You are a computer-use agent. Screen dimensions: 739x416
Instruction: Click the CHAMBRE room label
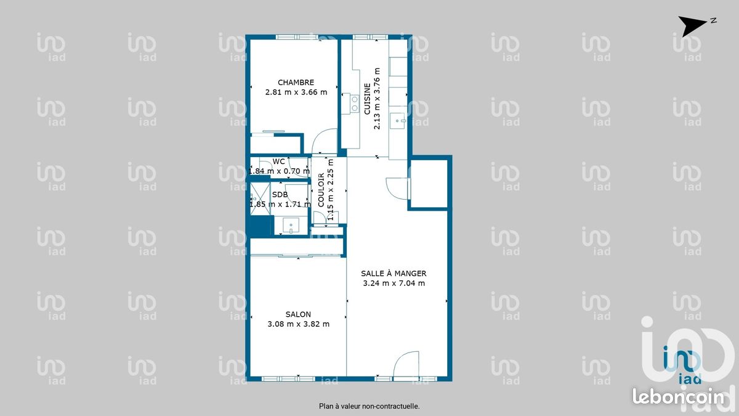click(296, 82)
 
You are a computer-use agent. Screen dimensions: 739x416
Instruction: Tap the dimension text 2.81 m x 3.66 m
click(296, 92)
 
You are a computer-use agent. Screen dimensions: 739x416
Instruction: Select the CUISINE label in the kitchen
click(367, 99)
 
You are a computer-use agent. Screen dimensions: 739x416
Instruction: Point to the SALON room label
click(298, 314)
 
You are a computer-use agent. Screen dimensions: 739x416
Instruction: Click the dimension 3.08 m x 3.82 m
click(298, 324)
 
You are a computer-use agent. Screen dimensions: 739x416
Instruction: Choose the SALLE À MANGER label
click(394, 274)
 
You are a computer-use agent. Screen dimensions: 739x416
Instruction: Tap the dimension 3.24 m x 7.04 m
click(394, 283)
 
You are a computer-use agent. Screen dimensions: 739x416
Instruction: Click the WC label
click(279, 161)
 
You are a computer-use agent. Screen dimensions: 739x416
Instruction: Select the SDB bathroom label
click(280, 195)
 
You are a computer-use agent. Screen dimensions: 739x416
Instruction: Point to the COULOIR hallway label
click(321, 190)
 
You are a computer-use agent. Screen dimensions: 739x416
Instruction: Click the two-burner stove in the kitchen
click(355, 104)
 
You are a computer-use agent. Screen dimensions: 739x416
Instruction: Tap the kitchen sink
click(398, 121)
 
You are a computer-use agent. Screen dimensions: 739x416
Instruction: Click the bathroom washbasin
click(291, 226)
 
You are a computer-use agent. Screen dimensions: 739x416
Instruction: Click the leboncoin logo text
click(678, 397)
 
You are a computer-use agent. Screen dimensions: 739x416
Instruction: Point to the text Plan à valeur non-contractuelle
click(369, 406)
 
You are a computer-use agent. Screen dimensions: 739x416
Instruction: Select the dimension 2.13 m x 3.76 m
click(377, 99)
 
